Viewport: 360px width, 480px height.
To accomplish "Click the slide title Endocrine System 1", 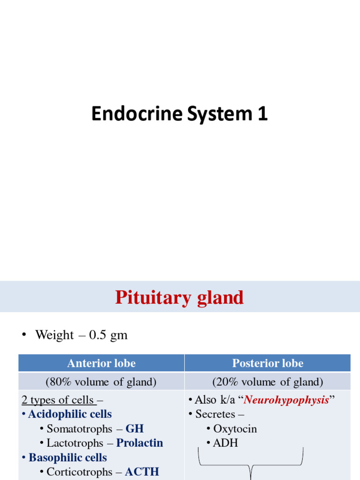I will click(x=180, y=114).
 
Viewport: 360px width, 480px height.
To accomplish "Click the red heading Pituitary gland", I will click(x=180, y=297).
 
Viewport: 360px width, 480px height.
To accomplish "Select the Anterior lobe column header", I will click(x=101, y=363).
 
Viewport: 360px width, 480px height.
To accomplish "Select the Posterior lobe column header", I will click(x=268, y=363).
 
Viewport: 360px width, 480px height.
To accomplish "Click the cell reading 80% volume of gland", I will click(x=101, y=382).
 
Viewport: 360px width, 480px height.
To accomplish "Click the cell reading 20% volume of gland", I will click(x=268, y=382).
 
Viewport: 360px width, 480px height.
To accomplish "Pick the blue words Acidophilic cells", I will click(x=70, y=414).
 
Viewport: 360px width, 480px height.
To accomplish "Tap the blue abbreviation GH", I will click(x=135, y=429).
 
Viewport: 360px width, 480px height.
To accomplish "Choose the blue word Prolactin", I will click(x=140, y=443).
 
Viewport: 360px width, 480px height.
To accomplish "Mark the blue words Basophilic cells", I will click(x=68, y=457).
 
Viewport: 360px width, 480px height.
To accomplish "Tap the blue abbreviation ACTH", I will click(x=142, y=472).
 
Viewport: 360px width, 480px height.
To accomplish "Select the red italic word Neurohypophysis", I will click(x=286, y=400).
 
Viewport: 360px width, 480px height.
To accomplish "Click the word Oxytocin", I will click(x=235, y=429).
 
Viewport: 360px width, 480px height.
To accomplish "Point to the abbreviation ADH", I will click(x=225, y=443).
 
